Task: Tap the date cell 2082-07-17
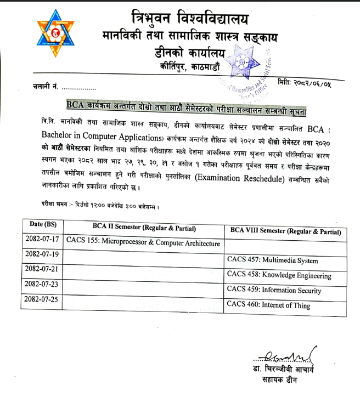coord(43,240)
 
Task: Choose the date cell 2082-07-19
coord(43,254)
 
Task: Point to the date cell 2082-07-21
coord(43,270)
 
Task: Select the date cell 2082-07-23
coord(43,285)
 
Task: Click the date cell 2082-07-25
coord(43,299)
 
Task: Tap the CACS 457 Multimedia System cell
coord(272,260)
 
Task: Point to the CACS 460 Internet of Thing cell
coord(268,305)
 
